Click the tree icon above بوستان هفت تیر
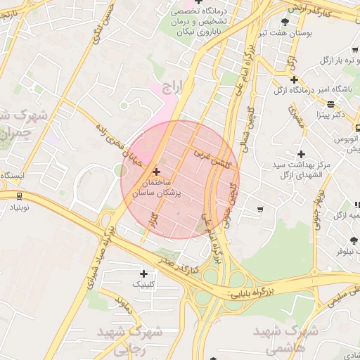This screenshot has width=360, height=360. coord(285,22)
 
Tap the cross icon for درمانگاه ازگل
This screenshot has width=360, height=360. coord(294,79)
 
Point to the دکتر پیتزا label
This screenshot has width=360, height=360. coord(330,114)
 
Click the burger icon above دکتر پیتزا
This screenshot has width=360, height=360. coord(330,103)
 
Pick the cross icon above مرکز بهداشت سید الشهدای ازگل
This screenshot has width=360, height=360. coord(301,154)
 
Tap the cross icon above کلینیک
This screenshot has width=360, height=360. coord(144,274)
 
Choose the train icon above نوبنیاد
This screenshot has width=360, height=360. coord(18,197)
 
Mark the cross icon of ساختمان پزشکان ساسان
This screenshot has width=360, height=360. coord(156,172)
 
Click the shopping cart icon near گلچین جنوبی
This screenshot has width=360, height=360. coord(261,209)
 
